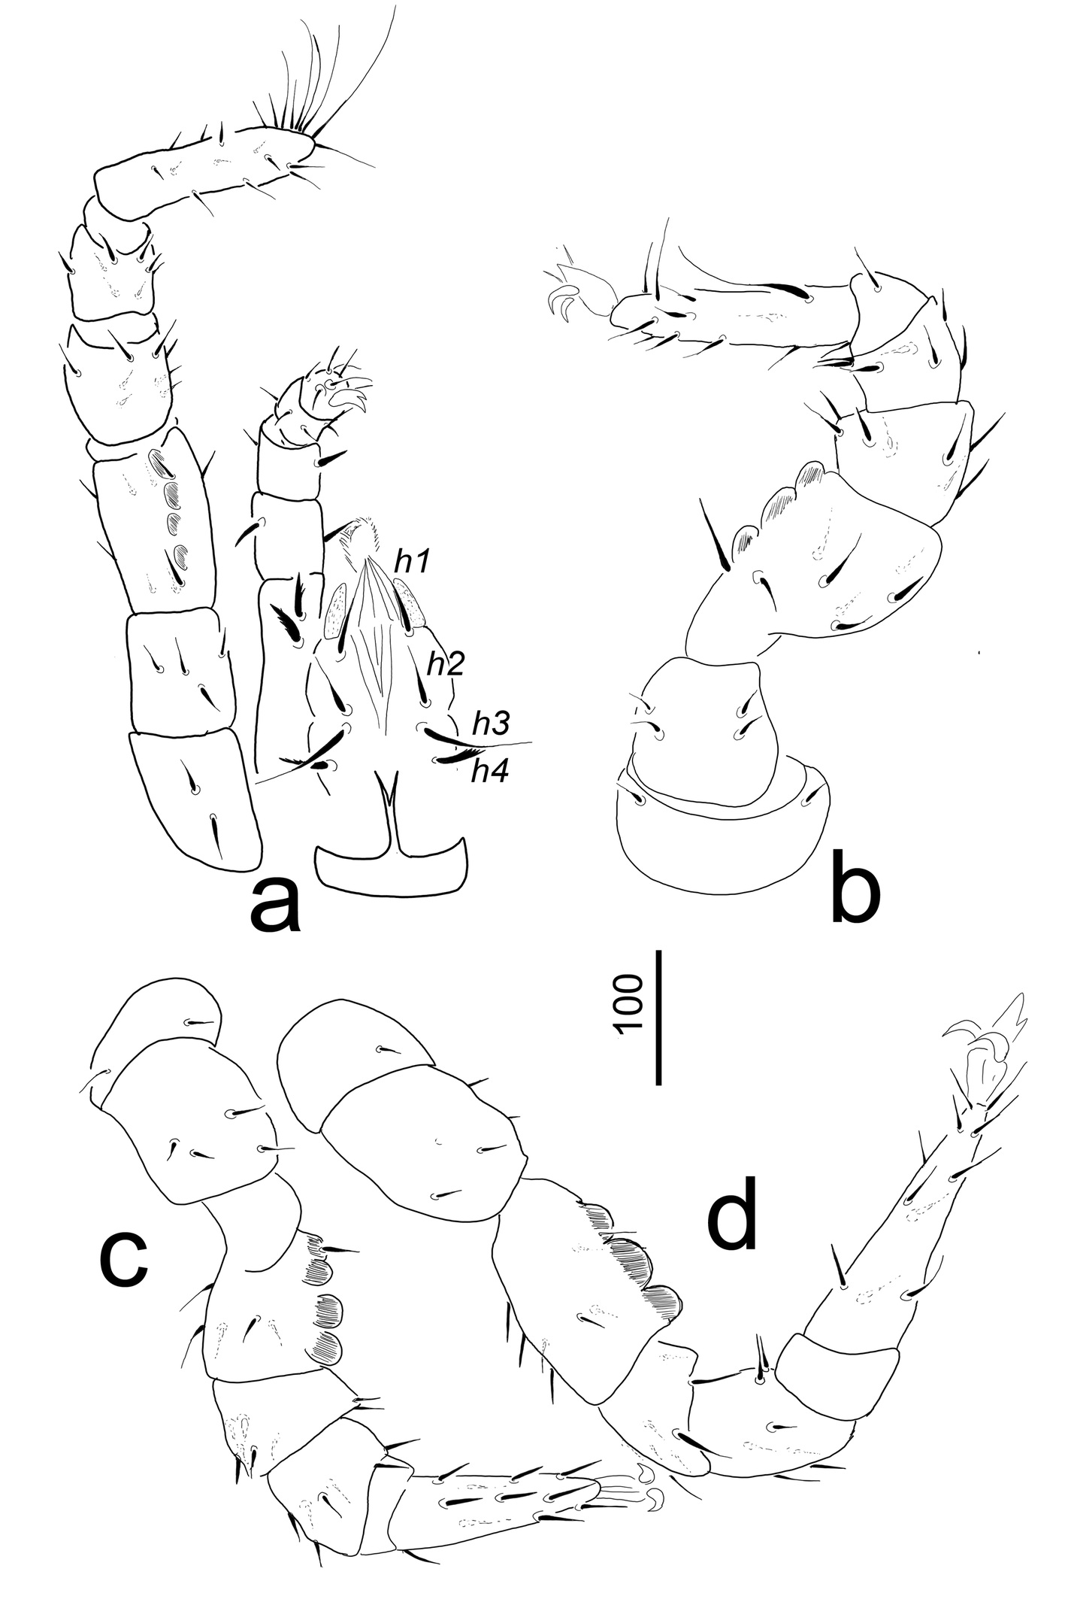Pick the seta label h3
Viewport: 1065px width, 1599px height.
coord(491,724)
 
